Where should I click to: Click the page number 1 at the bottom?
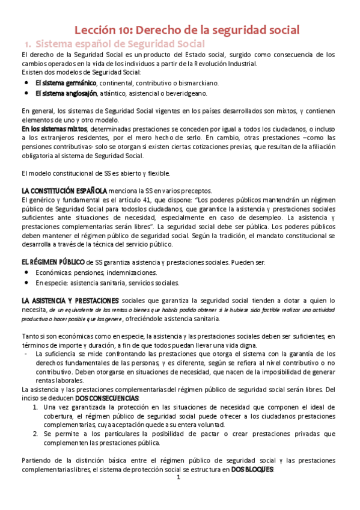[178, 494]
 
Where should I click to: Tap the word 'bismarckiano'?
[199, 82]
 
